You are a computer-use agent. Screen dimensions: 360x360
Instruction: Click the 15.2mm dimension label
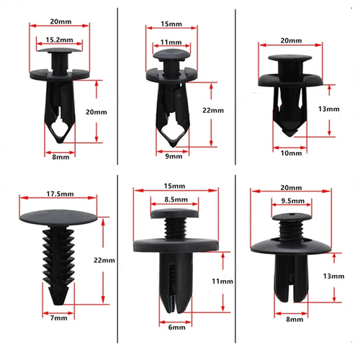coord(60,40)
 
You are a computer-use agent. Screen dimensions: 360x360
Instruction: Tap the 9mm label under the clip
coord(174,156)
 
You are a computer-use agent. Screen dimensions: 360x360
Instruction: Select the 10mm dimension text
coord(291,153)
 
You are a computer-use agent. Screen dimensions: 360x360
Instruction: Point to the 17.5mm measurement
coord(60,194)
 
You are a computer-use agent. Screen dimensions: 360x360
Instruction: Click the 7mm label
coord(59,318)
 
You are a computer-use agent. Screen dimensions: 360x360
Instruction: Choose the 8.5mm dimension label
coord(176,199)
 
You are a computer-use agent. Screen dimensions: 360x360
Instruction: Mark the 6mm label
coord(176,328)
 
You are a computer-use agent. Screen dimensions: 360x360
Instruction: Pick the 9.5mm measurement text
coord(293,201)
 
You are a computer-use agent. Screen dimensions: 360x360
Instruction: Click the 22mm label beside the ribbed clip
coord(104,261)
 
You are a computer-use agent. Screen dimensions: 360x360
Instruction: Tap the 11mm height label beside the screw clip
coord(222,282)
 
